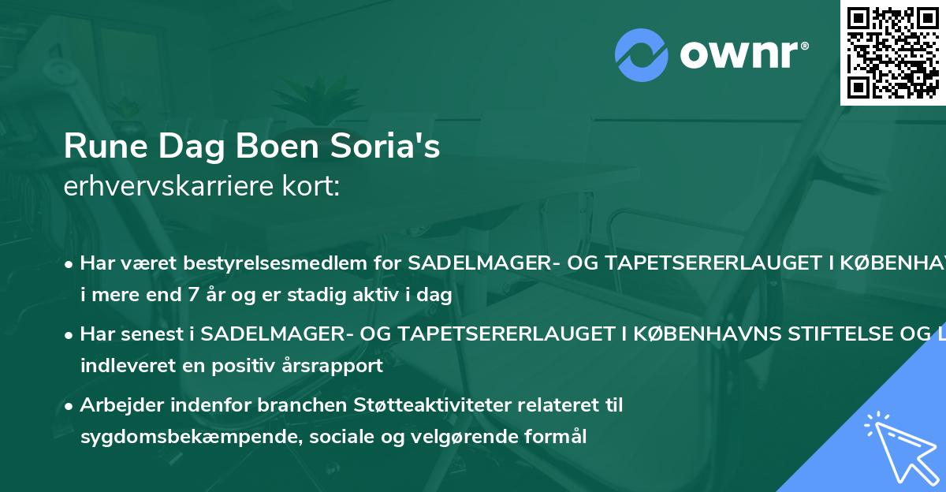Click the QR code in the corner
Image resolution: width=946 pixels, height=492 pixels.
pos(892,52)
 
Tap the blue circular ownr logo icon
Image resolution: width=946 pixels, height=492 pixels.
pos(642,54)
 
